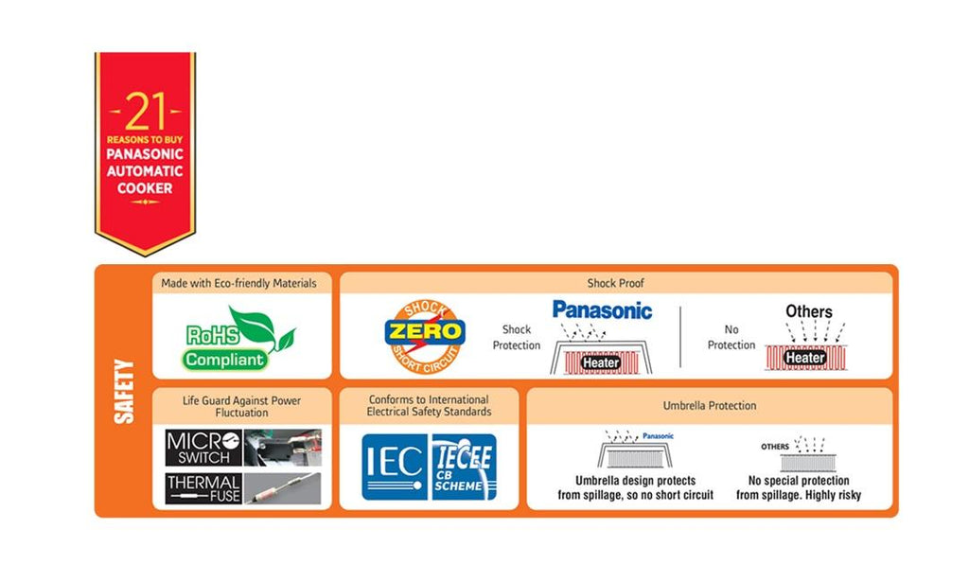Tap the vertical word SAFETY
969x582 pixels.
[x=123, y=391]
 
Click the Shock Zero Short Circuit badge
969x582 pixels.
[x=424, y=333]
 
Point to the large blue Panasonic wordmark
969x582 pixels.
[x=602, y=309]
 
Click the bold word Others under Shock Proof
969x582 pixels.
[x=808, y=311]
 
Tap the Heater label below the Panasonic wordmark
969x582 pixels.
[x=601, y=362]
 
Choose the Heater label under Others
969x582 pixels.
[x=805, y=358]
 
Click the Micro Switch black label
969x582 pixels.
[x=203, y=448]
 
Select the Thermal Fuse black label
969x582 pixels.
[x=203, y=487]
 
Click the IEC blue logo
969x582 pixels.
[x=394, y=466]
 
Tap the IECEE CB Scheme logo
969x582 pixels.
[x=463, y=467]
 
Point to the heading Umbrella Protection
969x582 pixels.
[x=710, y=406]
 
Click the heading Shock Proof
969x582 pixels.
[x=615, y=284]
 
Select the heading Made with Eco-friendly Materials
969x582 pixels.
[x=238, y=284]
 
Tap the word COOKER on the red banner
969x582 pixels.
[x=145, y=188]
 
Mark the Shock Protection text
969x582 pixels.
[x=516, y=338]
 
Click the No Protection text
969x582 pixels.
[x=731, y=338]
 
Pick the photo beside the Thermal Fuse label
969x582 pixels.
[x=282, y=487]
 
